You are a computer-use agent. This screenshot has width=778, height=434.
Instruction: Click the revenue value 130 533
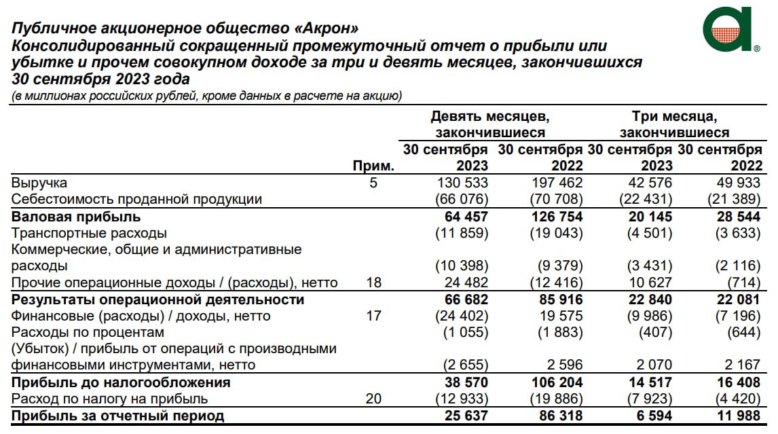pyautogui.click(x=461, y=183)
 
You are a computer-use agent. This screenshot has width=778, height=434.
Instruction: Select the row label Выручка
pyautogui.click(x=39, y=183)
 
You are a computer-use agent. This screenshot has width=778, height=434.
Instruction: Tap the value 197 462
pyautogui.click(x=556, y=183)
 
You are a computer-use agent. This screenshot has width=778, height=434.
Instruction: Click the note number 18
pyautogui.click(x=373, y=283)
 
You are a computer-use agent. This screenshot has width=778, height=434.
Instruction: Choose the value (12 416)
pyautogui.click(x=556, y=283)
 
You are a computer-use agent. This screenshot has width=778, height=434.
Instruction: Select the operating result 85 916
pyautogui.click(x=556, y=300)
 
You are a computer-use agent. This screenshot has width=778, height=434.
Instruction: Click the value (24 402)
pyautogui.click(x=461, y=316)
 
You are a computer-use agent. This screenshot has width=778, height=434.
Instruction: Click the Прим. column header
pyautogui.click(x=373, y=166)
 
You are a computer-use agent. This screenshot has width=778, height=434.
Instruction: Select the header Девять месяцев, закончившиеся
pyautogui.click(x=490, y=124)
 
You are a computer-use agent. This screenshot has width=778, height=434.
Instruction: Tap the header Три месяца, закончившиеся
pyautogui.click(x=674, y=124)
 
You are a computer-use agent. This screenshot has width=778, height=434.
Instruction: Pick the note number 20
pyautogui.click(x=373, y=399)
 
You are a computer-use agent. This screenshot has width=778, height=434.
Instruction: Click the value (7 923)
pyautogui.click(x=646, y=399)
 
